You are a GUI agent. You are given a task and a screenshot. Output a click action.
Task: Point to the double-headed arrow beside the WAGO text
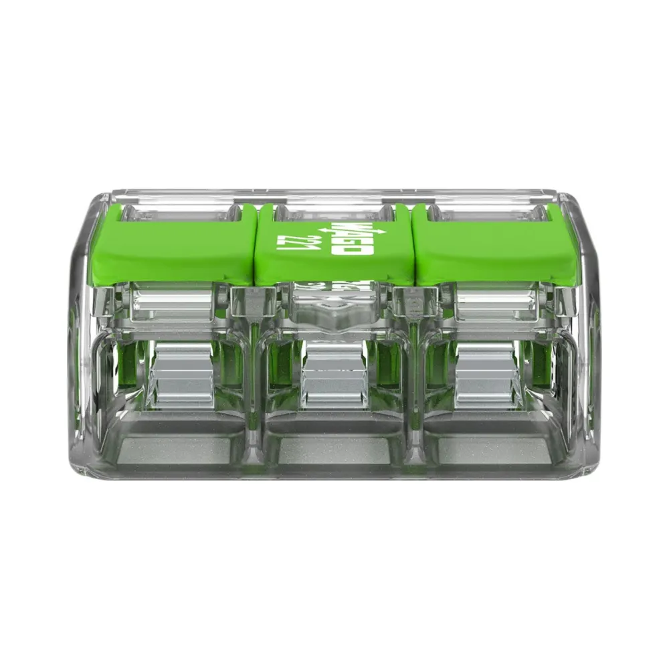pos(327,231)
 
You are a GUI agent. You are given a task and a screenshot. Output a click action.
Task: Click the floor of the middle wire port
pos(334,448)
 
